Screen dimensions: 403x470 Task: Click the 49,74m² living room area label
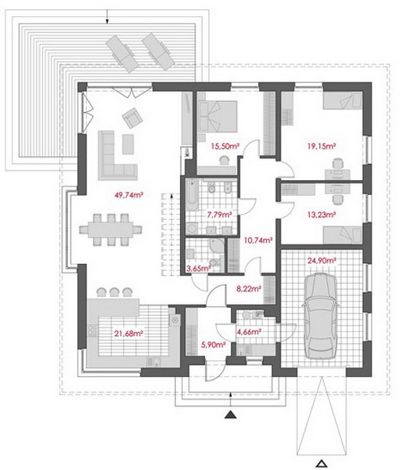coord(129,195)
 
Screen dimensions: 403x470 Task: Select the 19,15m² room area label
coord(322,146)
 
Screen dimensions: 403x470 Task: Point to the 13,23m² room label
coord(322,215)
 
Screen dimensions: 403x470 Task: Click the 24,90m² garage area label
coord(322,260)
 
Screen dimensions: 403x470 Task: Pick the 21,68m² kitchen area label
coord(128,334)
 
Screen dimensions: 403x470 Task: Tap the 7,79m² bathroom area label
coord(220,215)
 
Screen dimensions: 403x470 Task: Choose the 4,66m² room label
coord(250,332)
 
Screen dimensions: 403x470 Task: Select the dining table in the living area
coord(110,230)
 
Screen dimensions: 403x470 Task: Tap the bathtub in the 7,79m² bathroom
coord(192,194)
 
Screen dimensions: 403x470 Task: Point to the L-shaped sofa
coord(117,155)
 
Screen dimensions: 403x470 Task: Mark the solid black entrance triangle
coord(231,414)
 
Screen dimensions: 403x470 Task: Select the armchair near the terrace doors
coord(132,117)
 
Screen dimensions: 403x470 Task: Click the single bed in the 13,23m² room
coord(343,235)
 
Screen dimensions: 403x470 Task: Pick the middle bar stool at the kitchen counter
coord(114,292)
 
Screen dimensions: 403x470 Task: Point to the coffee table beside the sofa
coord(128,144)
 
